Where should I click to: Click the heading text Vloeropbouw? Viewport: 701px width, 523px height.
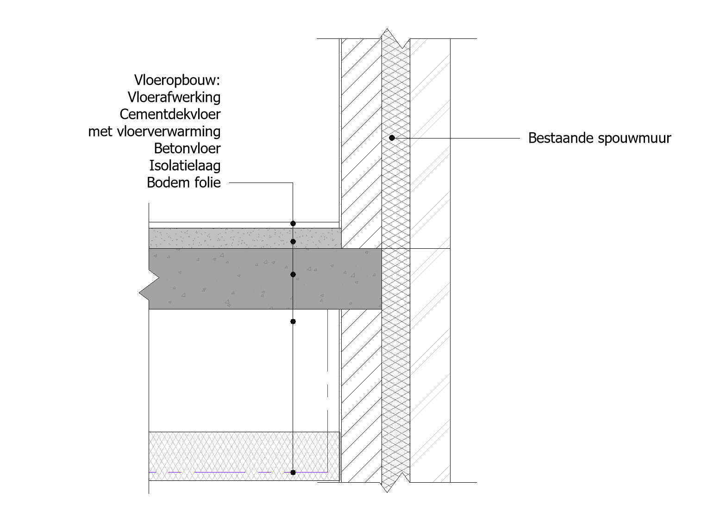coord(177,80)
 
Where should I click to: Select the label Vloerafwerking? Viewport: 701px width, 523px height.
coord(174,97)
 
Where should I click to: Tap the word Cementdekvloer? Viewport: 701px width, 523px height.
coord(170,114)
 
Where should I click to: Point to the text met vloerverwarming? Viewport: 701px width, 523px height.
coord(154,131)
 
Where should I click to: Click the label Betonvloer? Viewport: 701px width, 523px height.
coord(187,149)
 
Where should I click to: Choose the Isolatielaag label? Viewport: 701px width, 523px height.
coord(185,165)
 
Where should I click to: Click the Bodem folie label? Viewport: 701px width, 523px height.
coord(184,183)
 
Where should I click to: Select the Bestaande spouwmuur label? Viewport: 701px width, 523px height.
coord(600,139)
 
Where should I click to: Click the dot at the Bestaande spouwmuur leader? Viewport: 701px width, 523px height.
coord(392,138)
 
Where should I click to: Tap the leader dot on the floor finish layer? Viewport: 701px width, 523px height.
coord(293,224)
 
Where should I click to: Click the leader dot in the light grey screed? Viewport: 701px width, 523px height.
coord(293,242)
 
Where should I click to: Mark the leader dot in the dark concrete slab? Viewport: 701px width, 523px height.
coord(293,274)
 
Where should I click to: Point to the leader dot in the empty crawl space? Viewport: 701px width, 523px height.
coord(293,321)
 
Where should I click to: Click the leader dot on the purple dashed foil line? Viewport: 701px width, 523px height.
coord(293,472)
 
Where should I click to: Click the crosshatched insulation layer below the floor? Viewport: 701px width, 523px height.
coord(244,456)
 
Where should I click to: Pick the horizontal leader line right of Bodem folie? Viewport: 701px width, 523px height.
coord(261,183)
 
